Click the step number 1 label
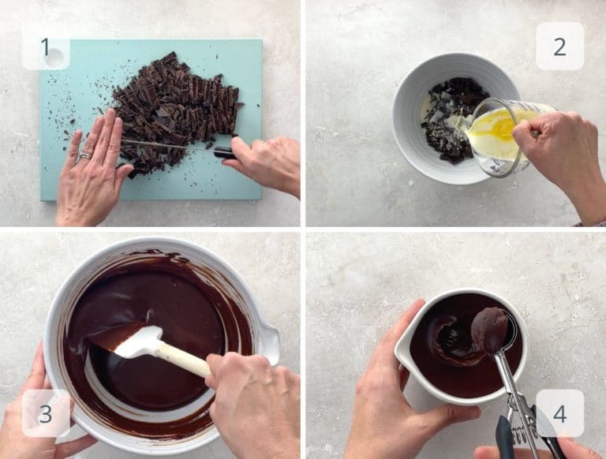(x=45, y=47)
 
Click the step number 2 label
(x=559, y=47)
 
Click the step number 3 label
(x=45, y=413)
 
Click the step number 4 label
(x=559, y=413)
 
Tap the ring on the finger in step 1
(x=83, y=156)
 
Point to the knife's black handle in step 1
(x=223, y=152)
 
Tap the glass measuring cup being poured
(x=497, y=134)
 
